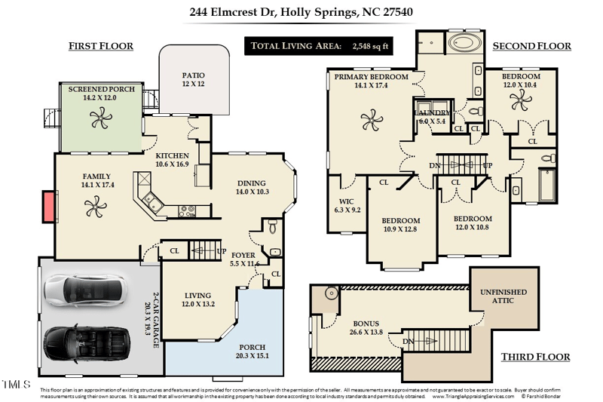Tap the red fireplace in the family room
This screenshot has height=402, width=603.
coord(48,206)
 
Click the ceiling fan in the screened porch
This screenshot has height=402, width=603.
coord(99,117)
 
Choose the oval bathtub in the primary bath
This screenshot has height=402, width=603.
coord(467,43)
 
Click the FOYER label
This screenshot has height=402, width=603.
coord(244,256)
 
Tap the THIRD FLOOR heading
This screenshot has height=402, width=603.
coord(534,357)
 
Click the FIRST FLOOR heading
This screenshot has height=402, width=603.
coord(101,46)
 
